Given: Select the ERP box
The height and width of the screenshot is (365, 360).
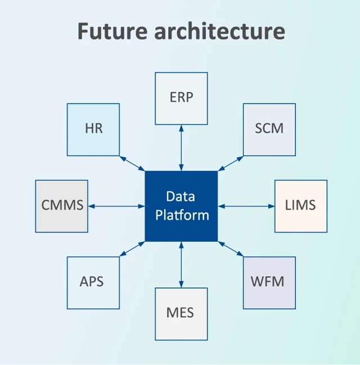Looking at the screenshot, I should [x=181, y=98].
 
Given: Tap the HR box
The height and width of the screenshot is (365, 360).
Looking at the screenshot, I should [x=93, y=129].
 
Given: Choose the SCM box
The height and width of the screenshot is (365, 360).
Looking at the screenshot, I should [x=269, y=129].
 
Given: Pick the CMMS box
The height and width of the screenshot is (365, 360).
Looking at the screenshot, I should [x=62, y=206].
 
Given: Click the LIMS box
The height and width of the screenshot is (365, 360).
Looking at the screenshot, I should [x=300, y=206].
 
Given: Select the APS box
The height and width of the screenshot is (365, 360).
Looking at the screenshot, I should [x=93, y=282].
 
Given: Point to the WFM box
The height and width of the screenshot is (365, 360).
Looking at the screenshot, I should [x=269, y=282].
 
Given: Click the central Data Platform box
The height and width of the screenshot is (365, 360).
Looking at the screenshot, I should [x=181, y=206].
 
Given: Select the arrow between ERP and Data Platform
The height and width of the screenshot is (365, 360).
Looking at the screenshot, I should [x=181, y=147].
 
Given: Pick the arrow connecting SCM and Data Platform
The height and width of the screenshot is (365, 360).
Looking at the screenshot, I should [x=231, y=163].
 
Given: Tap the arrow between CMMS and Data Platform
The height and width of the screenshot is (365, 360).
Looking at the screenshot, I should [x=116, y=206].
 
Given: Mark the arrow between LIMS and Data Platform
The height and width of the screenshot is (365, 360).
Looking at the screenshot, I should [x=246, y=206].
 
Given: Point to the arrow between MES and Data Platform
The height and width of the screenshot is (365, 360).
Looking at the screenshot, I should [x=181, y=264].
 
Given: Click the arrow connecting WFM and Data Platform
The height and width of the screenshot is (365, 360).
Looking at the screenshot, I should [x=231, y=249].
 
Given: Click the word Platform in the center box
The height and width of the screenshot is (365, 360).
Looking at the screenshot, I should [x=182, y=215].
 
